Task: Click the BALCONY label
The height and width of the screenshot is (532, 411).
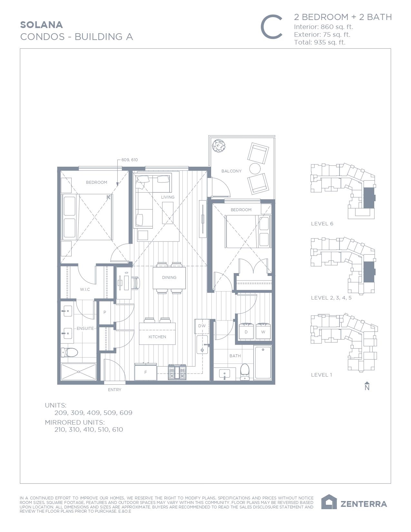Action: point(231,171)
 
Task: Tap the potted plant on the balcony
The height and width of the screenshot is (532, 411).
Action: point(219,146)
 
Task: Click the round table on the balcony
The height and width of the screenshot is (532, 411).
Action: point(255,168)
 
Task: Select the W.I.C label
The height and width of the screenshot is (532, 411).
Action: point(85,290)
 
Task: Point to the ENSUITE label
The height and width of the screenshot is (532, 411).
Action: point(85,328)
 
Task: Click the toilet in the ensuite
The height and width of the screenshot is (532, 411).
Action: point(70,352)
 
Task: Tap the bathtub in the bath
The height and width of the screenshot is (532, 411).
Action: point(263,363)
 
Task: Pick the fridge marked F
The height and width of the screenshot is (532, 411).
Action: point(146,372)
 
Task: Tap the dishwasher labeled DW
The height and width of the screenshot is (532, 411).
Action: point(202,326)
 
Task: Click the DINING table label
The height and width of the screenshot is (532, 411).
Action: point(169,277)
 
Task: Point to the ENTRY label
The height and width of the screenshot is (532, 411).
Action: point(114,390)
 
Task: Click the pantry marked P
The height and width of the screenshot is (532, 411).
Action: point(105,312)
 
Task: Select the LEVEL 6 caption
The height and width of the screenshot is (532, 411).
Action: point(322,223)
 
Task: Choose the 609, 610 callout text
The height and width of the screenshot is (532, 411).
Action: point(130,160)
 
